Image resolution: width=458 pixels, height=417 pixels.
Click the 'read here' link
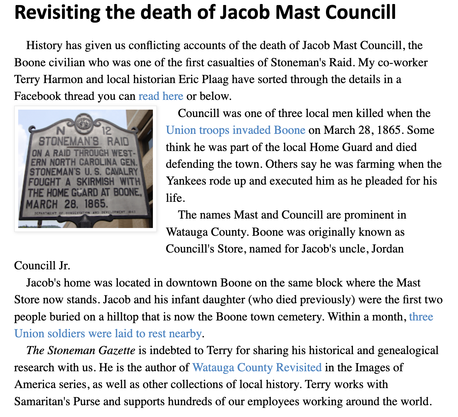[x=161, y=96]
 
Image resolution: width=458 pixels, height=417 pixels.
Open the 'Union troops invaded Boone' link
[x=235, y=130]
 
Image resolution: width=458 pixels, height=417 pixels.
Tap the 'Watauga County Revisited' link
[x=257, y=367]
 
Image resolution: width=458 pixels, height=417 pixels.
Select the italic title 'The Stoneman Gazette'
[x=81, y=350]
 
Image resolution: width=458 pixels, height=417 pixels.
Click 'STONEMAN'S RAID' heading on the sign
[x=83, y=141]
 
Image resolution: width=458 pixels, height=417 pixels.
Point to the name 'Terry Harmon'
[x=48, y=79]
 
